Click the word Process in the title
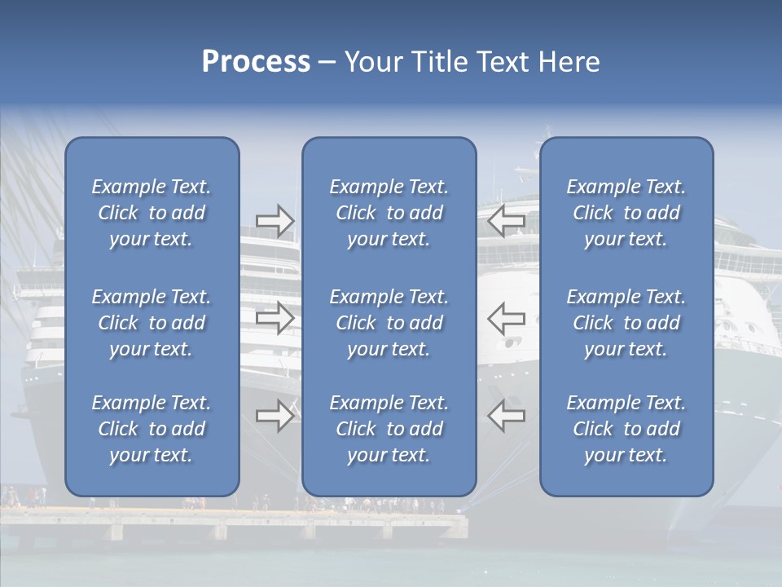click(256, 62)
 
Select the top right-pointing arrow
click(275, 221)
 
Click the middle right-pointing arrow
click(275, 318)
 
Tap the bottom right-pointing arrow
click(275, 416)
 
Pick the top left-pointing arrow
click(506, 221)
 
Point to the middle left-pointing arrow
click(506, 318)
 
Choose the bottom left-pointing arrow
click(506, 416)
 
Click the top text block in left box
click(152, 213)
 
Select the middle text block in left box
click(152, 323)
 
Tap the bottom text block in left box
click(152, 429)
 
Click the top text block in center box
click(389, 213)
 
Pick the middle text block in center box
click(389, 323)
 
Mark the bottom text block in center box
click(389, 429)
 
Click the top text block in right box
click(626, 213)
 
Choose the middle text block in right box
click(626, 323)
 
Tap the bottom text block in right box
click(626, 429)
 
